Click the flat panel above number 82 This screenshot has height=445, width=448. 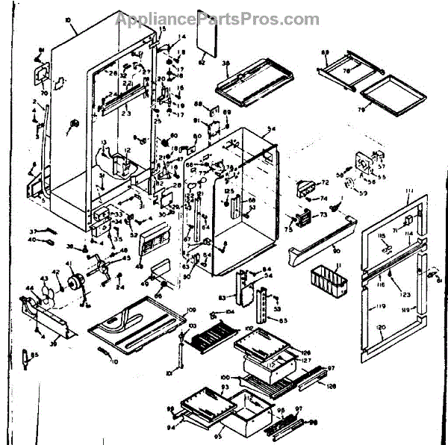(x=205, y=41)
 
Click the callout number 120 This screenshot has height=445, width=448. (x=380, y=329)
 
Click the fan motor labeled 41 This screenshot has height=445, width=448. (x=75, y=284)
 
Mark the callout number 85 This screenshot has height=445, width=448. (x=35, y=356)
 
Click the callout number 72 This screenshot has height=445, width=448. (x=325, y=183)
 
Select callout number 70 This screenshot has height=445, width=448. (x=43, y=94)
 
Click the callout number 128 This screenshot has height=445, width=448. (x=332, y=387)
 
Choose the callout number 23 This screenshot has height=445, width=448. (x=126, y=113)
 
